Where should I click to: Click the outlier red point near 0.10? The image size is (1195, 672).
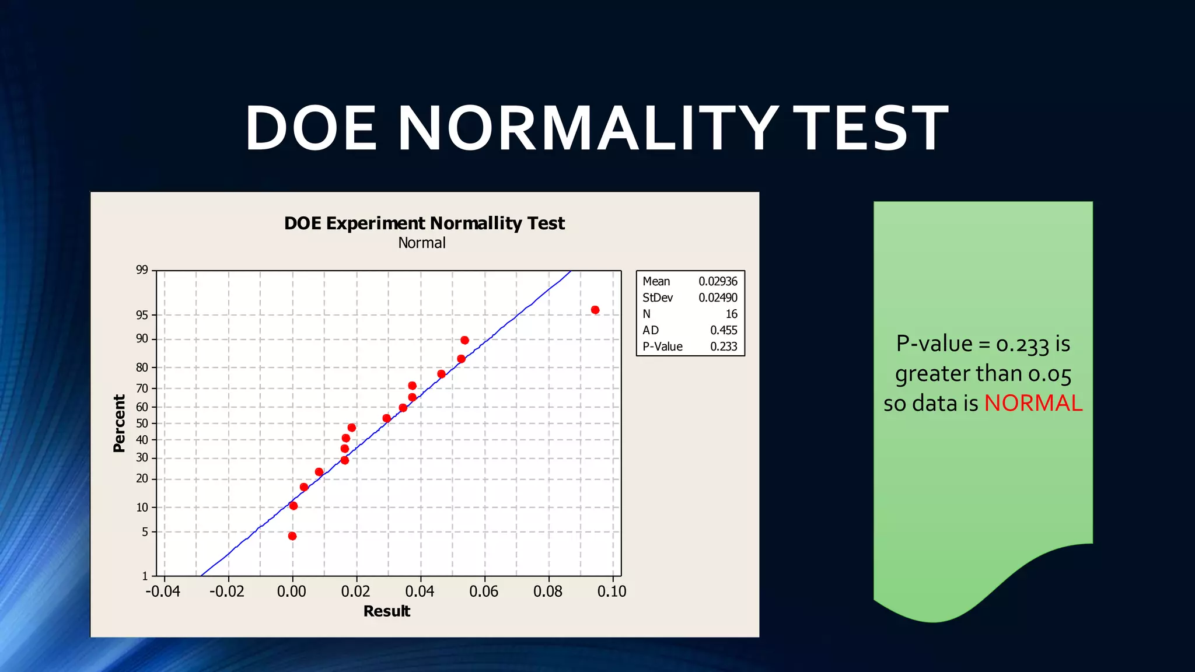pos(595,310)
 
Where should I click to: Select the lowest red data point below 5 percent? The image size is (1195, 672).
pos(292,536)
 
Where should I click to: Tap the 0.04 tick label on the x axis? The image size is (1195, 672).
pos(420,591)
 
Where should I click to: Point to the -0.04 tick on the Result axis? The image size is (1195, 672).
pos(163,591)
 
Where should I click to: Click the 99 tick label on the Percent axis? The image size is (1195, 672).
pos(142,269)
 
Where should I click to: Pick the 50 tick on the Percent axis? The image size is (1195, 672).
pos(142,423)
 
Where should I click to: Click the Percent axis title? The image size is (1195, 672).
pos(119,423)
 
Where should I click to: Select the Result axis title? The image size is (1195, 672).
pos(386,611)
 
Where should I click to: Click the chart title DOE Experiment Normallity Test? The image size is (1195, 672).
pos(424,223)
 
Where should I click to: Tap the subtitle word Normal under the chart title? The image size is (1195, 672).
pos(421,243)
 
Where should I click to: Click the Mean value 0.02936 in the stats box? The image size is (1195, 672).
pos(718,281)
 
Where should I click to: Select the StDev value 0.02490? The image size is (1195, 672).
pos(718,297)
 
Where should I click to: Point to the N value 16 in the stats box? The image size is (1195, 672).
pos(731,314)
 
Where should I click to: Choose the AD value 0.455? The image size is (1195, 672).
pos(724,330)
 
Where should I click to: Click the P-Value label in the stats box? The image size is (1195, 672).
pos(662,346)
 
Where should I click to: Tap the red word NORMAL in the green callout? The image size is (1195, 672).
pos(1033,403)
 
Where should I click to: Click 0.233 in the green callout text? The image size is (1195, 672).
pos(1022,344)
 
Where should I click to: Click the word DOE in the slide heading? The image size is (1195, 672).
pos(311,128)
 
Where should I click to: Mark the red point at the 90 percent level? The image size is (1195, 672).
pos(464,340)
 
